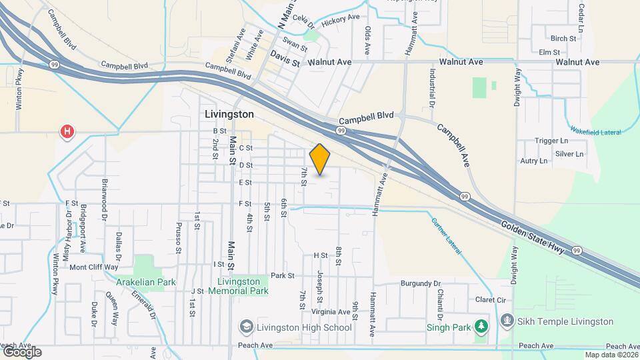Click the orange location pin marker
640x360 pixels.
point(320,158)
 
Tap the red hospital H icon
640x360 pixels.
point(67,131)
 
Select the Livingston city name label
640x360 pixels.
point(229,114)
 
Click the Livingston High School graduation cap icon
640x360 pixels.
point(247,327)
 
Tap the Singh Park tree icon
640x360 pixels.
point(481,327)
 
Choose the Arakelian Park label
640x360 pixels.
point(145,282)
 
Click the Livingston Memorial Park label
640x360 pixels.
point(238,286)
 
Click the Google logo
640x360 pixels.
point(21,351)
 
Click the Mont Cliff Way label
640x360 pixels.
point(94,267)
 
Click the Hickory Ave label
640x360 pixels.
point(340,22)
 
